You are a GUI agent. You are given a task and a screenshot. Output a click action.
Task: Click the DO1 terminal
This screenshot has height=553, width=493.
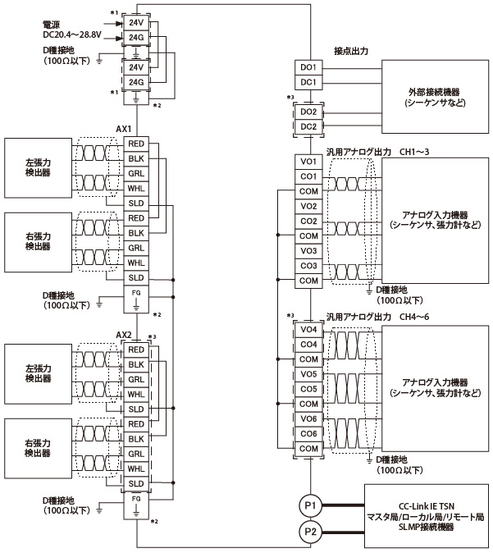[x=308, y=67]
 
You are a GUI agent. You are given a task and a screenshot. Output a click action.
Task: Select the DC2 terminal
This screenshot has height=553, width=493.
[x=308, y=126]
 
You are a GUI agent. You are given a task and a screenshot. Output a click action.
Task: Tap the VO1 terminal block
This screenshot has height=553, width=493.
[x=308, y=162]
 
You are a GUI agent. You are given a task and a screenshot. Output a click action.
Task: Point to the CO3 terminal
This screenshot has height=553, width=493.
[x=308, y=266]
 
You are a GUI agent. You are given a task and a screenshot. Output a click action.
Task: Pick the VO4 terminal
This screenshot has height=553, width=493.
[x=308, y=330]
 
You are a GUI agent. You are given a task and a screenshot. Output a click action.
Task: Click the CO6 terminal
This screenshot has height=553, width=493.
[x=308, y=432]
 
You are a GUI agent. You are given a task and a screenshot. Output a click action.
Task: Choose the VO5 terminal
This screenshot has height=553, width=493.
[x=308, y=373]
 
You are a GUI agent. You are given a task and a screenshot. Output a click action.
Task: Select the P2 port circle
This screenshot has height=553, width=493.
[x=310, y=532]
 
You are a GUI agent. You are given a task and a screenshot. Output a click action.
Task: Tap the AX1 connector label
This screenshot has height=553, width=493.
[x=125, y=130]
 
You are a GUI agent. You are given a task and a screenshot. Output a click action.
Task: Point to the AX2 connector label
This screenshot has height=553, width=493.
[x=125, y=335]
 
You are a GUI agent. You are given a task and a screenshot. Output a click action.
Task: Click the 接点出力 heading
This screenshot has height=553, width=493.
[x=351, y=51]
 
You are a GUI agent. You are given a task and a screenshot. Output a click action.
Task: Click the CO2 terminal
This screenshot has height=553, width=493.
[x=308, y=221]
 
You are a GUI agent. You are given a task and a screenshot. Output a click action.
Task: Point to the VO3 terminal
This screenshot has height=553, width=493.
[x=308, y=251]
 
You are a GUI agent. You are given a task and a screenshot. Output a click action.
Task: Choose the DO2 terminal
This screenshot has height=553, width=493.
[x=308, y=112]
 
